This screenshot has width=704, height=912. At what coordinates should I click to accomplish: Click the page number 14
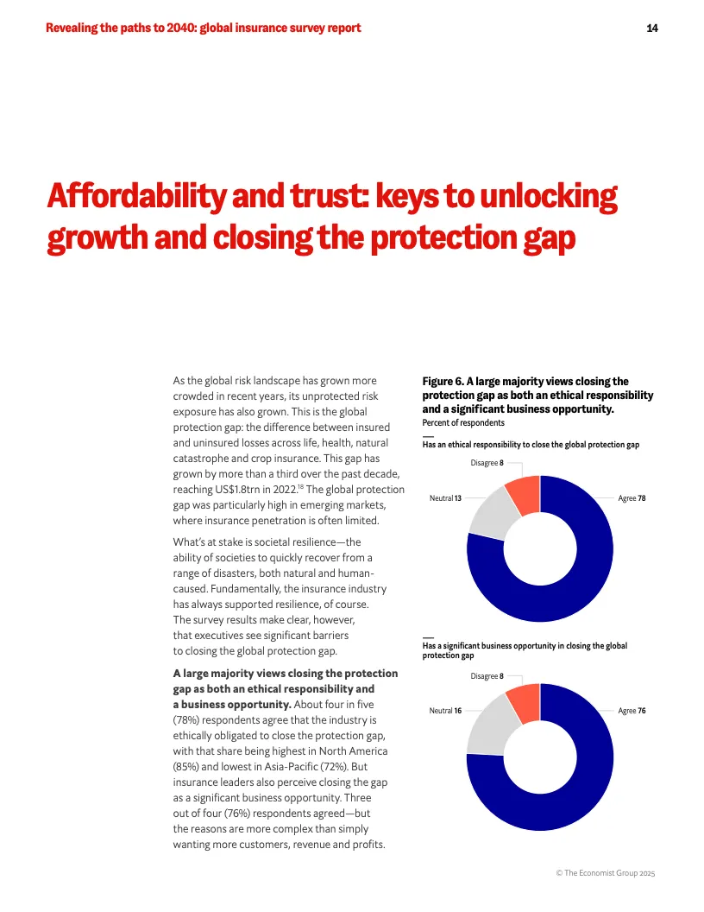click(652, 28)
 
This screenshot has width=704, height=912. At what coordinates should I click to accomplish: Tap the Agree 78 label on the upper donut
click(632, 498)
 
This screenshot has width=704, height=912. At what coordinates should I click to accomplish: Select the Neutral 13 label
click(445, 498)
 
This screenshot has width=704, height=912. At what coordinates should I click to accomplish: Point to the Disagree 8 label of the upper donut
click(487, 463)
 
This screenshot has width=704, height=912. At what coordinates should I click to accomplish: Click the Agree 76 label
click(632, 711)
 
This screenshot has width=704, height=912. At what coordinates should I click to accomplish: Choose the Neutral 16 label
click(445, 711)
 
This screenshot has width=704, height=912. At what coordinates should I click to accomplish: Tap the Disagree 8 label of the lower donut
click(487, 676)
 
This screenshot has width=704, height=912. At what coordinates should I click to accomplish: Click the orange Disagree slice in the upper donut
click(524, 493)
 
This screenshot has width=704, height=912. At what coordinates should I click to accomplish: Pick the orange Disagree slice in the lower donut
click(524, 701)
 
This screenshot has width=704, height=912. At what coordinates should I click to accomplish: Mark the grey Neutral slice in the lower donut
click(487, 725)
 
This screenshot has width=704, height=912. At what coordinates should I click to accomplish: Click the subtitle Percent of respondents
click(463, 423)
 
